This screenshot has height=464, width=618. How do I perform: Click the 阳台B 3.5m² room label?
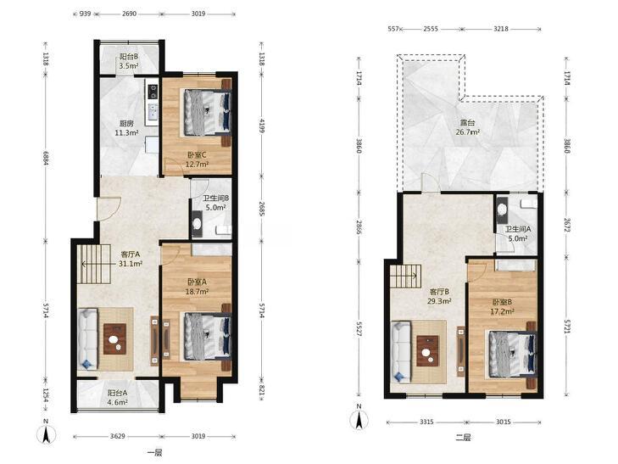[x=129, y=61]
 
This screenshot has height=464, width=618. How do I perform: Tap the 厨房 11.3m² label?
[x=126, y=128]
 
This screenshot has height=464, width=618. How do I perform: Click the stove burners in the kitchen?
[x=152, y=92]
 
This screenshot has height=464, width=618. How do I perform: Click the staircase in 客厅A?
[x=94, y=264]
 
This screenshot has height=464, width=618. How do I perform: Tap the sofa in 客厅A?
[x=87, y=339]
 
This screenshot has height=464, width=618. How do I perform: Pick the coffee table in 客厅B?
[x=427, y=351]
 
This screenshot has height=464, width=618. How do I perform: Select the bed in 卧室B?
[x=511, y=354]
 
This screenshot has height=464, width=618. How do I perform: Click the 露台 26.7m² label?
[x=468, y=127]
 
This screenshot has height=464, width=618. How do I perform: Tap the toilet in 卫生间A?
[x=502, y=208]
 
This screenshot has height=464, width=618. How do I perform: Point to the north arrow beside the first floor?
[x=46, y=433]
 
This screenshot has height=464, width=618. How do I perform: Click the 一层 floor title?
[x=154, y=453]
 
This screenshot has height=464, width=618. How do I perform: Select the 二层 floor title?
[x=463, y=438]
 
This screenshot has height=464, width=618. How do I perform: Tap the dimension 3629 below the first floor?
[x=118, y=436]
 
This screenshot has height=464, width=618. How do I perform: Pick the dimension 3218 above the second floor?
[x=500, y=28]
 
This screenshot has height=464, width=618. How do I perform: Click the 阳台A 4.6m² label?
[x=118, y=397]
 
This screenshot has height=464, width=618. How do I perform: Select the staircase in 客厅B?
[x=404, y=277]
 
